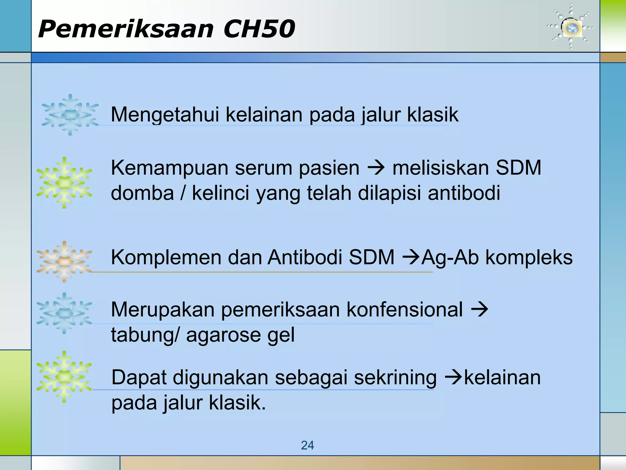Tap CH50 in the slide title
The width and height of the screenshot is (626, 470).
point(259,29)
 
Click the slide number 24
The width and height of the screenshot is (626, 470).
point(307,445)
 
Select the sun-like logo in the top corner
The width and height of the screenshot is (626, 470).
point(571,28)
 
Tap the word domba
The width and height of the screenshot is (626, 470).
point(142,193)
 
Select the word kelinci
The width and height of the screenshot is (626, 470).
point(221,193)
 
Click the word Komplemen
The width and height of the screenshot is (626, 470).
point(166,257)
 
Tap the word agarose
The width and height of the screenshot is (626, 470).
point(223,335)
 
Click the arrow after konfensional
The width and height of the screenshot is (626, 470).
point(480,309)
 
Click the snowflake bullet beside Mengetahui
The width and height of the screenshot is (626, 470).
point(70,115)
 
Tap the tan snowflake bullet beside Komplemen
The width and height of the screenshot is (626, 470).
point(64,262)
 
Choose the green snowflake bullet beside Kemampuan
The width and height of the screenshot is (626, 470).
point(64,183)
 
